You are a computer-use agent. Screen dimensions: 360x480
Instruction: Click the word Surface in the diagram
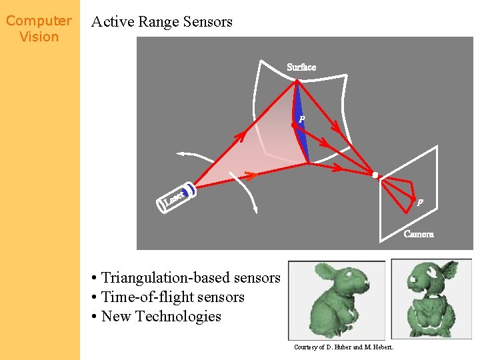[x=301, y=67]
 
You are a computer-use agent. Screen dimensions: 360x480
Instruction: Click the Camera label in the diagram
[x=419, y=234]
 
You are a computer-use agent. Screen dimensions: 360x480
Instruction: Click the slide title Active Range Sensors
[x=162, y=21]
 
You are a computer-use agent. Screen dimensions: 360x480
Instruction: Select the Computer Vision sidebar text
[x=39, y=29]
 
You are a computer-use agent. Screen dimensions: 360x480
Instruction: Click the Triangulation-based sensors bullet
[x=187, y=278]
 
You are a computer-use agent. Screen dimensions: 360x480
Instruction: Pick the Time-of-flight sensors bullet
[x=169, y=297]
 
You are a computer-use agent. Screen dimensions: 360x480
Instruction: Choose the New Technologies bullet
[x=157, y=317]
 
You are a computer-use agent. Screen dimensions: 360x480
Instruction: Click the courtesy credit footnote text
[x=343, y=347]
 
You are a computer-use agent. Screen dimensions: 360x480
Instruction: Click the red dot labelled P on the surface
[x=294, y=125]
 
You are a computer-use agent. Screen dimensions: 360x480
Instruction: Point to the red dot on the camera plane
[x=413, y=200]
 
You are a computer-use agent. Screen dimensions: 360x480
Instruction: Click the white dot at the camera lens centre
[x=375, y=175]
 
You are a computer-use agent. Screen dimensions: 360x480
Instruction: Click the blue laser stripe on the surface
[x=301, y=127]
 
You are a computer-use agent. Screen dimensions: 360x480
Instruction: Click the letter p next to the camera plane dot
[x=420, y=203]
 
